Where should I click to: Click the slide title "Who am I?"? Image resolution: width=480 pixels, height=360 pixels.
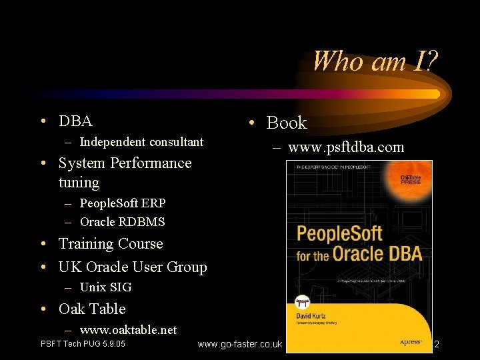375,61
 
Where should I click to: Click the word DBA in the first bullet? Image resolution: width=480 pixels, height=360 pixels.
75,121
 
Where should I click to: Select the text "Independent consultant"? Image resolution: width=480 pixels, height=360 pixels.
141,142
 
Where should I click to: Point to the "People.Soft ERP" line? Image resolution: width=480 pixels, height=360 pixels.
123,203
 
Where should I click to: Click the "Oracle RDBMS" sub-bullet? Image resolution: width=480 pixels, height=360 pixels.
122,222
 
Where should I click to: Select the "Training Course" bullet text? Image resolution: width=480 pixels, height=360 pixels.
111,244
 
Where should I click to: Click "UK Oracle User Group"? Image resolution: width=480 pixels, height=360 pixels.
133,267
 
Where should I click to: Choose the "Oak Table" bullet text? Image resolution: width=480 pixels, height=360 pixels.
92,309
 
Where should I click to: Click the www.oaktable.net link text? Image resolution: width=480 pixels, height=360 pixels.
128,330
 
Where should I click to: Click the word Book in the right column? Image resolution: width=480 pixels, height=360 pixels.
287,123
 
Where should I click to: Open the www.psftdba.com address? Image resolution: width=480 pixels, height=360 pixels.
346,147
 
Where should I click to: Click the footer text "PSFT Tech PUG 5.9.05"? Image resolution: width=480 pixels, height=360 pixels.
83,345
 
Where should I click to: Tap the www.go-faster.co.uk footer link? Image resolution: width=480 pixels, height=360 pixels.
241,345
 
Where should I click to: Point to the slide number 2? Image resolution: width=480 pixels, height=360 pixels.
437,345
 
